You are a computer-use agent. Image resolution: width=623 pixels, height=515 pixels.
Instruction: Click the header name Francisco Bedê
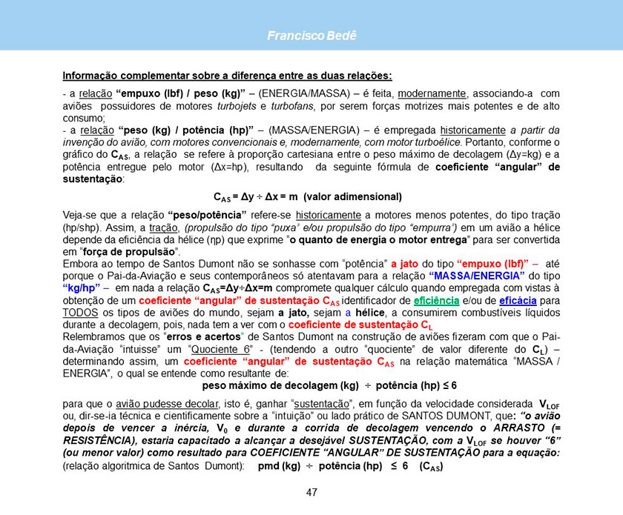311,36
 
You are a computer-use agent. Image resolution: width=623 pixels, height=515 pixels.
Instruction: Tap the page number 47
311,492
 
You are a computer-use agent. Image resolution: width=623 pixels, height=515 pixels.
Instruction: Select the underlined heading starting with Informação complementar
227,76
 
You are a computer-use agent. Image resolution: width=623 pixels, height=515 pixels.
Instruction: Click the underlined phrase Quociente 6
222,349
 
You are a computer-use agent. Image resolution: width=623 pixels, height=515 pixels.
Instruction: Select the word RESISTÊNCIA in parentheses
99,441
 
